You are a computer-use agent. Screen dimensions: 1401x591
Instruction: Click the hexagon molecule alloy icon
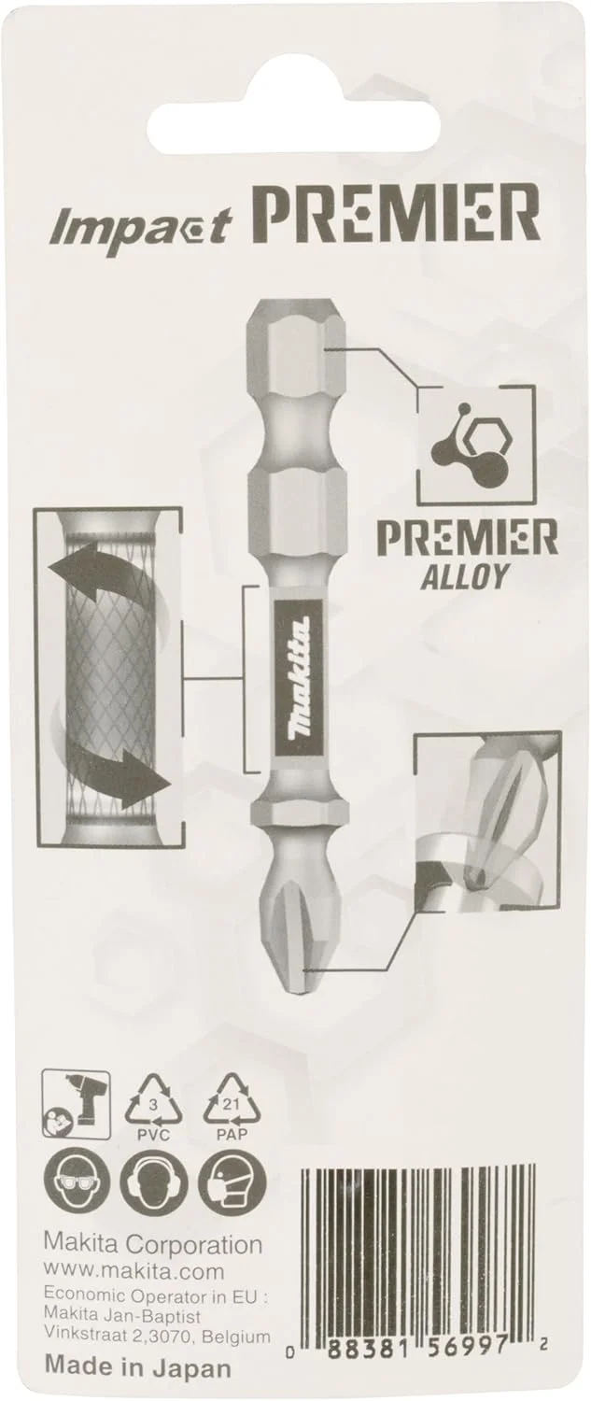tap(475, 443)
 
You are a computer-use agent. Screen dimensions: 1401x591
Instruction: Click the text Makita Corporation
tap(153, 1245)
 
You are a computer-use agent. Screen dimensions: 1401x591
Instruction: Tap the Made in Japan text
tap(136, 1368)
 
